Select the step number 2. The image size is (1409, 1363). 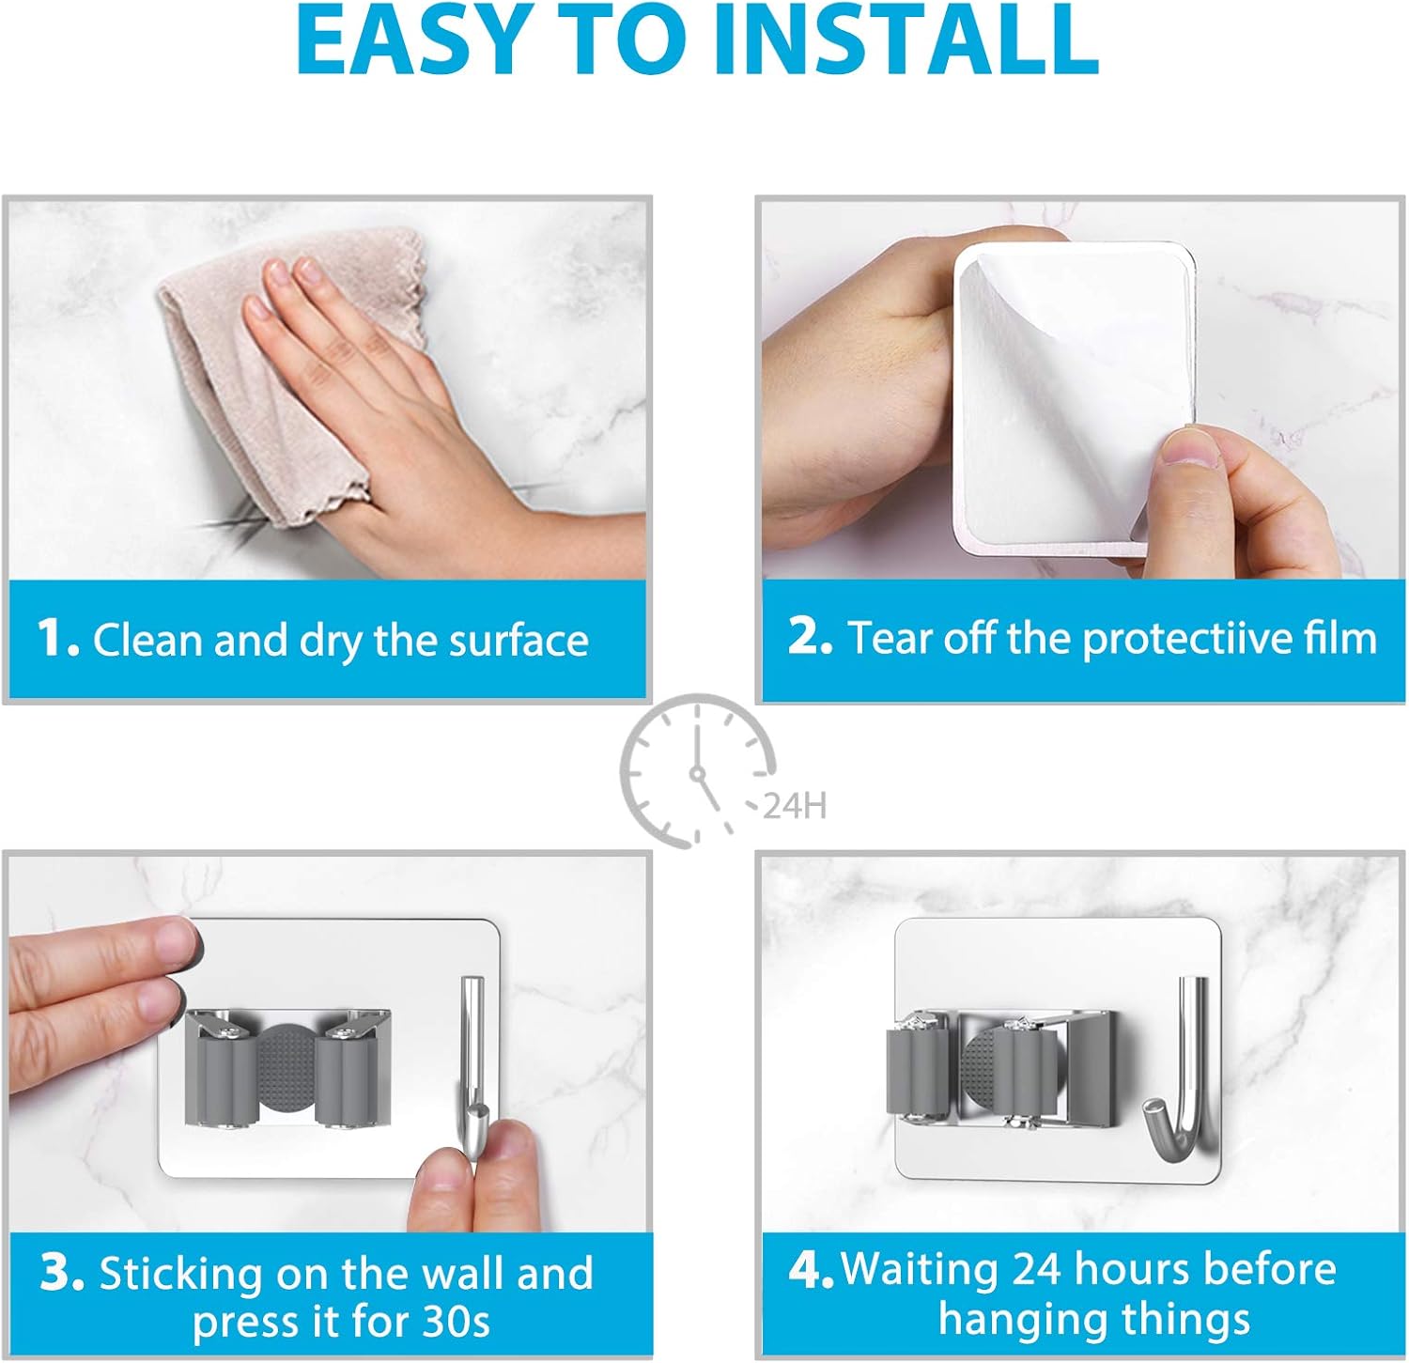pos(809,636)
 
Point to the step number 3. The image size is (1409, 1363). pos(62,1273)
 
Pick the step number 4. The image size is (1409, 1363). pos(811,1270)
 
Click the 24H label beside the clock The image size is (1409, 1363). pos(794,806)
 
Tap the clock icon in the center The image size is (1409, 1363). pos(697,771)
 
